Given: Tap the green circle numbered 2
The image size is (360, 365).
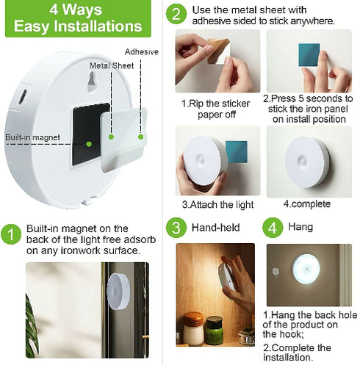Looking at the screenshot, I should [176, 14].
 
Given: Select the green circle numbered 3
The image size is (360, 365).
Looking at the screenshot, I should [176, 227].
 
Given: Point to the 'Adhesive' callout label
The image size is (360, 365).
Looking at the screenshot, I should [142, 52].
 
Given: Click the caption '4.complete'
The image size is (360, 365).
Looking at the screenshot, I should [306, 203].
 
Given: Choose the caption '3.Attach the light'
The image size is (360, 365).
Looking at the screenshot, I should [218, 203].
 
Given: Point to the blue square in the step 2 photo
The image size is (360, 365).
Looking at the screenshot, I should [307, 57].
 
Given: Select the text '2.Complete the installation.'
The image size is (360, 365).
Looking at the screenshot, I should [297, 352].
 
